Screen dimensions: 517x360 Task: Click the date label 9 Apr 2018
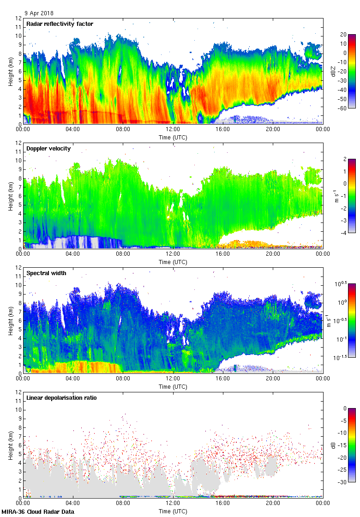click(39, 13)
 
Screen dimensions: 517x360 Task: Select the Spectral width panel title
click(46, 273)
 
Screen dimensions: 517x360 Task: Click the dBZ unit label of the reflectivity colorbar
click(334, 72)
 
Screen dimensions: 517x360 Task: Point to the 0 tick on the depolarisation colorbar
click(344, 409)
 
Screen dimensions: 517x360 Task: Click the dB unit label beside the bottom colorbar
click(334, 445)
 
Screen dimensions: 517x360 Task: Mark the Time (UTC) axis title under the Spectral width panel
click(173, 387)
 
